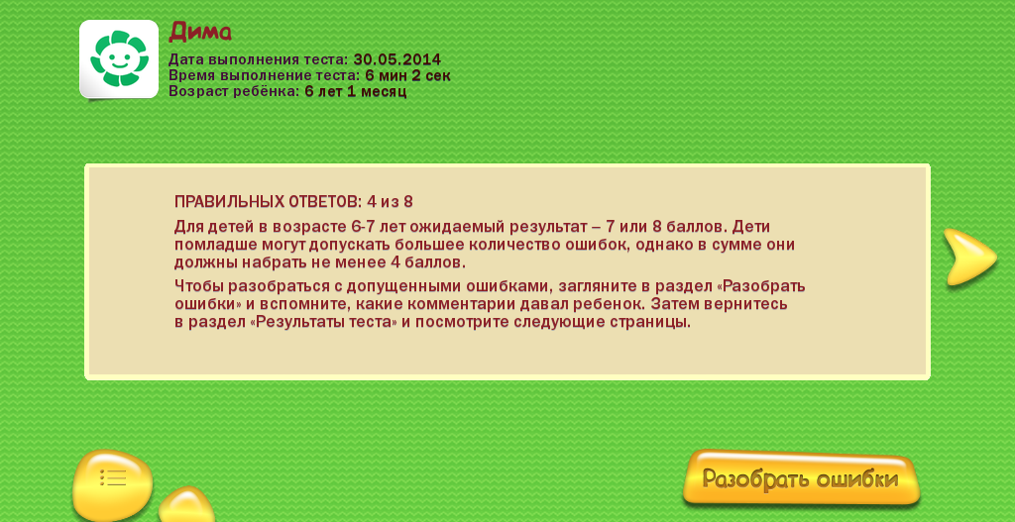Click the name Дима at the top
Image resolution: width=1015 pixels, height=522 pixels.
pyautogui.click(x=200, y=32)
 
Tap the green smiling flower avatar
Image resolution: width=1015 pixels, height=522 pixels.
pyautogui.click(x=119, y=58)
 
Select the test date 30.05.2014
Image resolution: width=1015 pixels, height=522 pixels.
pyautogui.click(x=396, y=60)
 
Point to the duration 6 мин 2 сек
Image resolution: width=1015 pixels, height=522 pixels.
pyautogui.click(x=407, y=75)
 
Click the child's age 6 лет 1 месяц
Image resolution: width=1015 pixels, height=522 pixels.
pyautogui.click(x=356, y=91)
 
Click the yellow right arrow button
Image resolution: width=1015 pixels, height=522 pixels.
pyautogui.click(x=969, y=257)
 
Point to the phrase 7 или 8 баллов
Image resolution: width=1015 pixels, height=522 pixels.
pyautogui.click(x=667, y=228)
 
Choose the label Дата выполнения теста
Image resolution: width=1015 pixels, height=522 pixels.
pyautogui.click(x=259, y=60)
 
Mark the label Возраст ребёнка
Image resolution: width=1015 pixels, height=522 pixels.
pyautogui.click(x=234, y=91)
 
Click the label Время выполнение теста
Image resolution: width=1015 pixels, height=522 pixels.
pyautogui.click(x=265, y=75)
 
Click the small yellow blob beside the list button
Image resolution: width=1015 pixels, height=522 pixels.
pyautogui.click(x=186, y=504)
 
